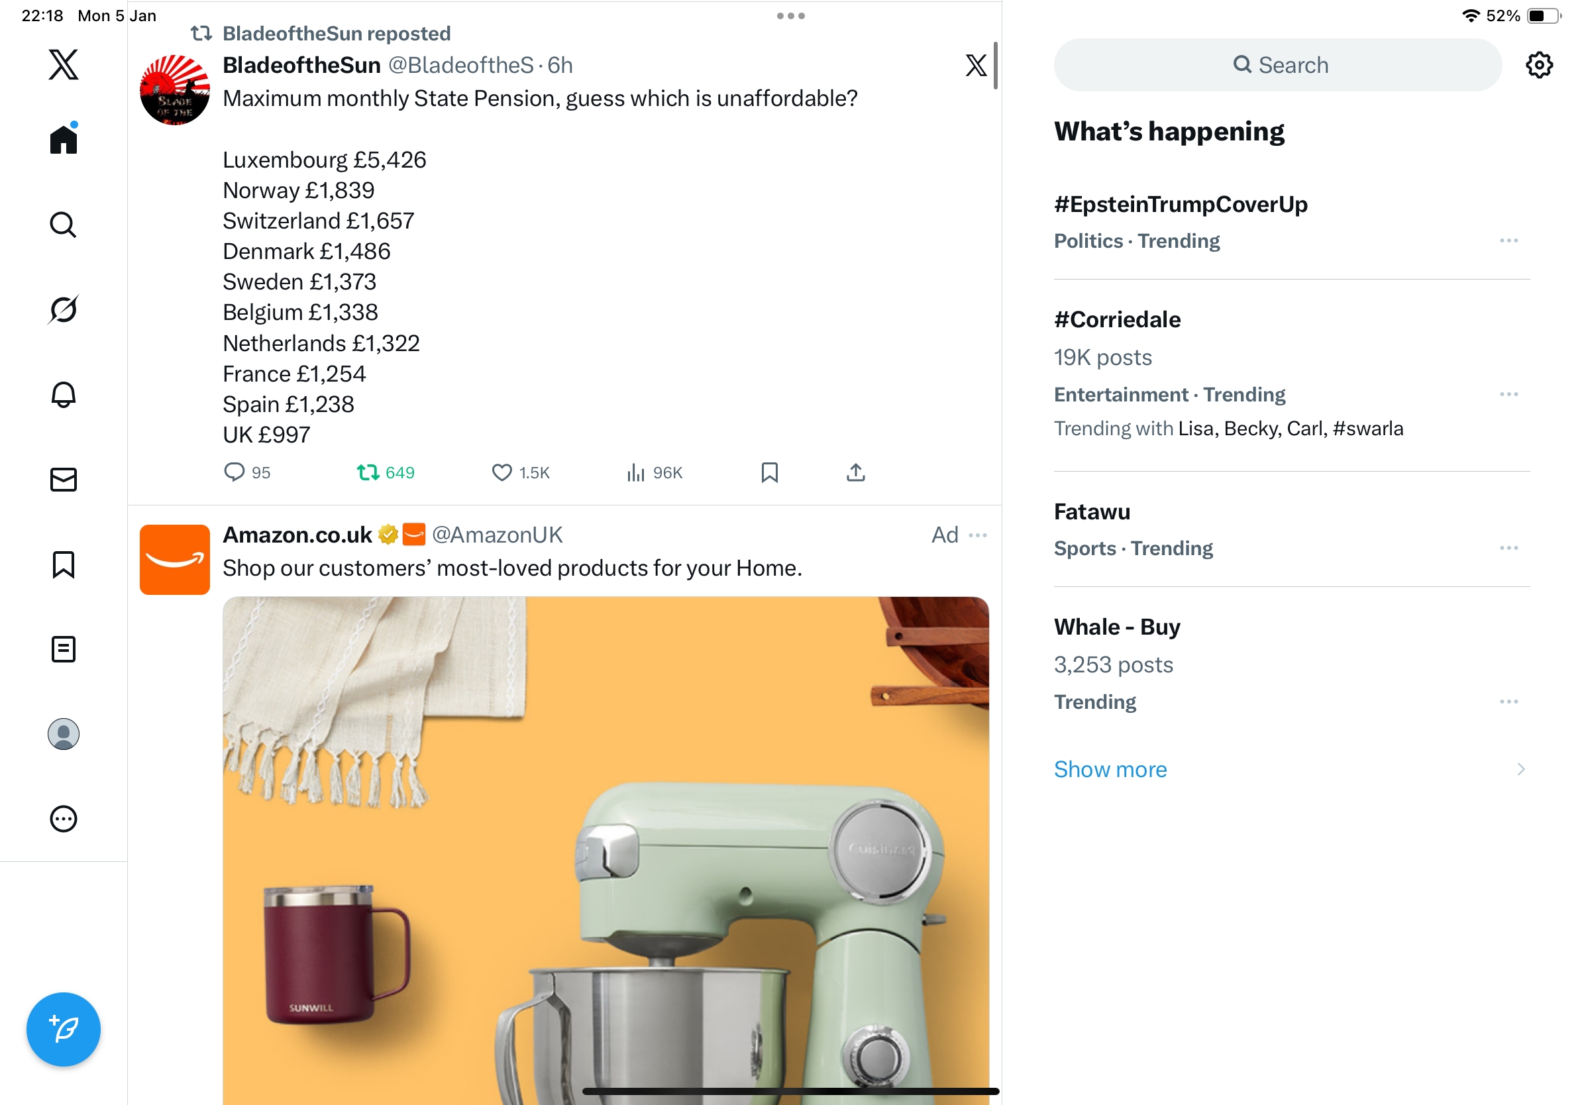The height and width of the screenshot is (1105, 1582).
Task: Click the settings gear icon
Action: coord(1538,65)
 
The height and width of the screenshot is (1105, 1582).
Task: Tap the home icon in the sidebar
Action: coord(64,138)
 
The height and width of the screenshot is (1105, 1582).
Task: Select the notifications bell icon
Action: coord(64,395)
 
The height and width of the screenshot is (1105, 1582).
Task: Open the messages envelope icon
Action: coord(64,480)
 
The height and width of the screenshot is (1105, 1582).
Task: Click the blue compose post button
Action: coord(64,1029)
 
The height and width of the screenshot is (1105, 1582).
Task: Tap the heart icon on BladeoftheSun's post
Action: coord(501,472)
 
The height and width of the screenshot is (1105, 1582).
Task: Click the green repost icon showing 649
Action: coord(368,472)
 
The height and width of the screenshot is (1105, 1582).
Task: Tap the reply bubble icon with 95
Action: coord(235,472)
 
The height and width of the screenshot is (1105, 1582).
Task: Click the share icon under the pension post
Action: coord(855,472)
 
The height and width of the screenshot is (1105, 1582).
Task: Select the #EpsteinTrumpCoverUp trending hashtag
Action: coord(1181,205)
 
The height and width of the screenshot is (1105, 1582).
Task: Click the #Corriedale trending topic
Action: coord(1117,320)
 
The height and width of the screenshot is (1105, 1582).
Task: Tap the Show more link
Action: coord(1110,770)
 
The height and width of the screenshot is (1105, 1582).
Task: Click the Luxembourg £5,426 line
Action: coord(324,160)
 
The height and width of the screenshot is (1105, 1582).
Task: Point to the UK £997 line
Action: coord(266,435)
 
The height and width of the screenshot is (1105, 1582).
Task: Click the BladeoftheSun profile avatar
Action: coord(174,89)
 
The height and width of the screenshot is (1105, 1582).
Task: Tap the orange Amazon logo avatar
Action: coord(174,559)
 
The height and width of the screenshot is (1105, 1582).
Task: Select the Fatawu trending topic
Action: coord(1092,512)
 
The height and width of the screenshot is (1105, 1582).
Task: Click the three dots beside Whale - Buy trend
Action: coord(1508,702)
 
